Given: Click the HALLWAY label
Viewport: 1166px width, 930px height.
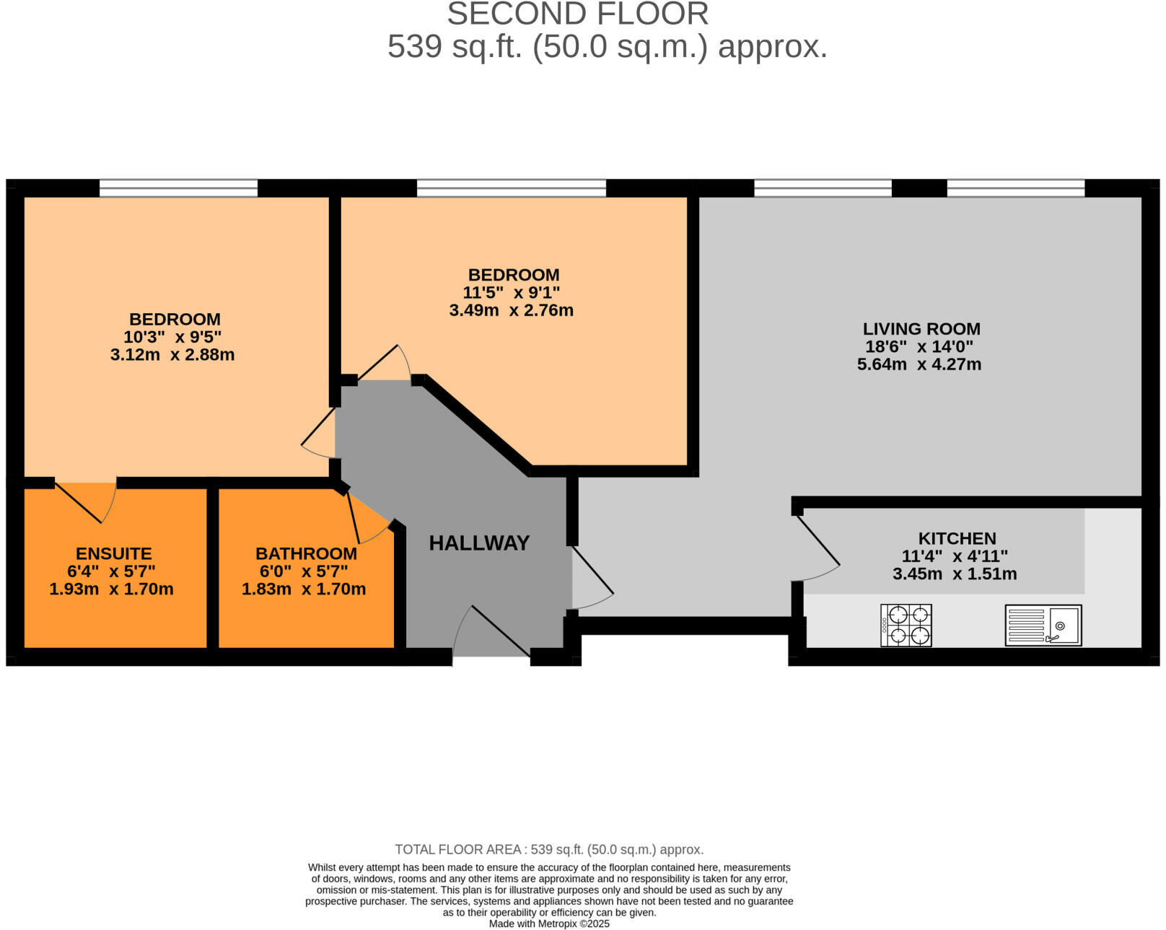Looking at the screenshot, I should tap(479, 543).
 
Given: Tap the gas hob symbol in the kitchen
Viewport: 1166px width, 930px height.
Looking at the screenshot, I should tap(906, 625).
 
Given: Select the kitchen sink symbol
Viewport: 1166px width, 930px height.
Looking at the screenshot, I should tap(1043, 625).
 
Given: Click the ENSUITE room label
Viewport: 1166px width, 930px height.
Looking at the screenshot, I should tap(113, 553).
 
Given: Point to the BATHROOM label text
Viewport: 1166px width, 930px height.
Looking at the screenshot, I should tap(306, 553).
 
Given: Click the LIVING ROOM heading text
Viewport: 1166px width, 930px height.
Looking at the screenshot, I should tap(921, 329).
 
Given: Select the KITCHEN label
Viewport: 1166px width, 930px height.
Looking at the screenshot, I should tap(957, 538).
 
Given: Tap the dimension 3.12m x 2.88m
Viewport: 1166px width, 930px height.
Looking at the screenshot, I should tap(172, 355).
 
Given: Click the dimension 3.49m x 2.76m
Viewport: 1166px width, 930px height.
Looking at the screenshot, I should tap(511, 310).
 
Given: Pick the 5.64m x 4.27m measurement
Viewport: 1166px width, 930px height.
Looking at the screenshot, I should tap(919, 364).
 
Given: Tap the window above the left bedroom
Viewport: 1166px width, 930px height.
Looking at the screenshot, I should tap(178, 189).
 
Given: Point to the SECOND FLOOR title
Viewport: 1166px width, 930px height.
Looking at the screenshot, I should tap(577, 14).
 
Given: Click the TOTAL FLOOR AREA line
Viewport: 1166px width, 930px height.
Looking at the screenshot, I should tap(549, 849).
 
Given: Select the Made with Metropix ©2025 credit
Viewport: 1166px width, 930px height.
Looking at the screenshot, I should tap(549, 924).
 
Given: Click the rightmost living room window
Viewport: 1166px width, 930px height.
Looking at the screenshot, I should tap(1015, 189).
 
